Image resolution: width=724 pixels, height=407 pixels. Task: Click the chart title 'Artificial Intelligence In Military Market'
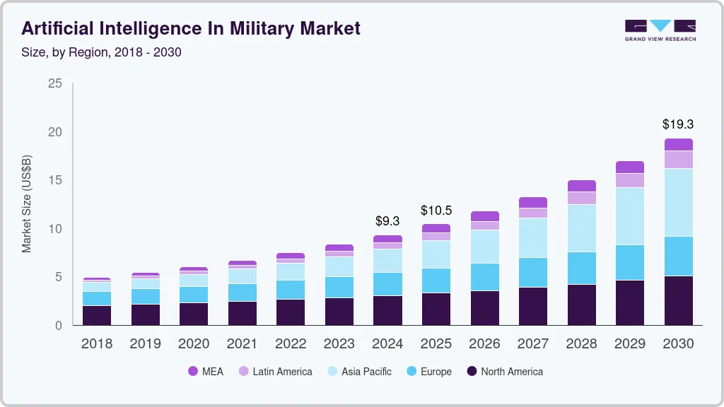191,28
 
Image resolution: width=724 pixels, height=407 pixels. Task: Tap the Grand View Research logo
660,30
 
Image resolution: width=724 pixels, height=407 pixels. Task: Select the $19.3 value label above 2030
678,124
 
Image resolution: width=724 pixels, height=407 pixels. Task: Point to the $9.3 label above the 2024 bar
387,220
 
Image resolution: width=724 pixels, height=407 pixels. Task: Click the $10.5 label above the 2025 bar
436,210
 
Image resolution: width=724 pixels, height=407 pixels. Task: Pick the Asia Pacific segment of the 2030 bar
678,202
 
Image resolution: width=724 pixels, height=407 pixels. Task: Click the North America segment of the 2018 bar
97,315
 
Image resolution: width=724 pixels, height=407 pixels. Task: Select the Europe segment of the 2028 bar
581,268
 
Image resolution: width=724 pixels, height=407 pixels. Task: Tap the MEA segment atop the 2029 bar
629,167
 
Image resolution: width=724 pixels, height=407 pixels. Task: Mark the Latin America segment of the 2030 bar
678,160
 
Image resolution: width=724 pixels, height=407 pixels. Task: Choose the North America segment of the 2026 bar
484,307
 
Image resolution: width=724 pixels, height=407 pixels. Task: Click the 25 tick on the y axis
54,84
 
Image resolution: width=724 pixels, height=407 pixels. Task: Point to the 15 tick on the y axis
54,181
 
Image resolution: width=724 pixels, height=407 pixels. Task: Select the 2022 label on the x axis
291,344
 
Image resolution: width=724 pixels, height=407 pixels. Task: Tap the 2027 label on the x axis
532,344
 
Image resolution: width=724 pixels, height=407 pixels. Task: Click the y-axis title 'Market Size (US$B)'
27,204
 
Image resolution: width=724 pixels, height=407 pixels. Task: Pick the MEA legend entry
205,372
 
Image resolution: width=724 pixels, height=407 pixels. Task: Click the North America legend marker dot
472,372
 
